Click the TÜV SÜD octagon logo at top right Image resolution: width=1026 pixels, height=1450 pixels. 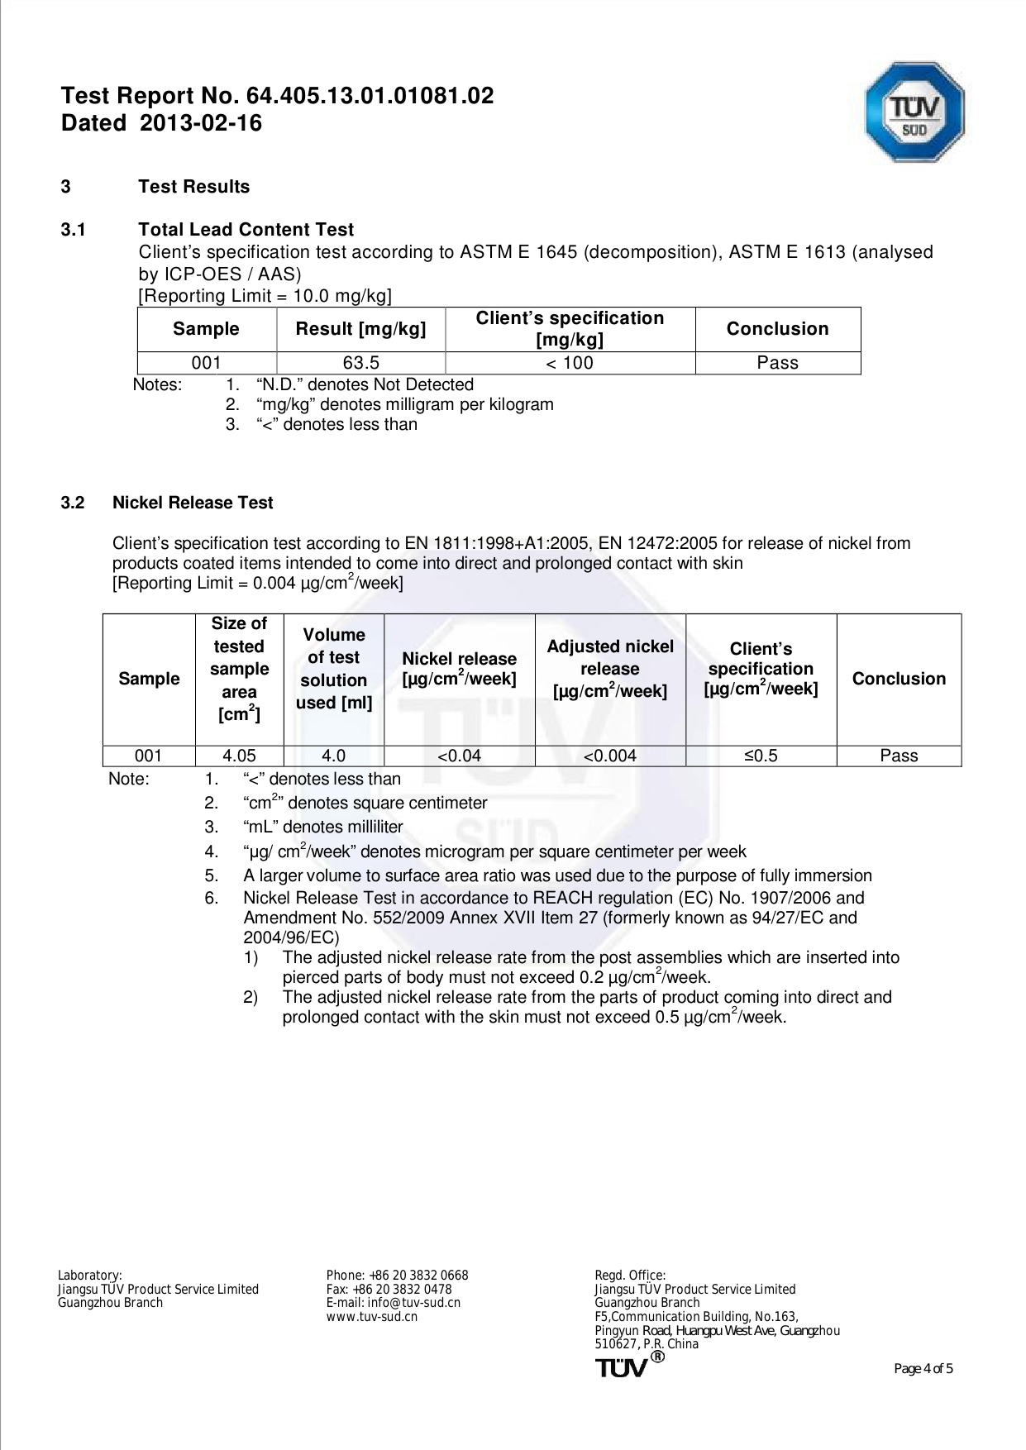click(914, 111)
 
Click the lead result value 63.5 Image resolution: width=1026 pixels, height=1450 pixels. click(360, 363)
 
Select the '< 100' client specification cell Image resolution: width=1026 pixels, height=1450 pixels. click(570, 363)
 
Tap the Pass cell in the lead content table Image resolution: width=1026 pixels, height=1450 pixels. click(777, 363)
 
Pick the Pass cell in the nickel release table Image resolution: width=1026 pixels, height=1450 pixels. click(898, 756)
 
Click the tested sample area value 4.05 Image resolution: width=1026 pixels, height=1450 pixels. click(239, 756)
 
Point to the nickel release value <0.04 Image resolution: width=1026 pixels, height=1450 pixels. click(459, 756)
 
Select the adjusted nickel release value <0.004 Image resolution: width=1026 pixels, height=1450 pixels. click(610, 756)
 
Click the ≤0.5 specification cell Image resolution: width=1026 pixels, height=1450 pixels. click(761, 756)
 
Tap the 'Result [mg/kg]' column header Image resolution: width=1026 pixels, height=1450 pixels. click(360, 329)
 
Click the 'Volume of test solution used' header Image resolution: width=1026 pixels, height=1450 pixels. click(333, 669)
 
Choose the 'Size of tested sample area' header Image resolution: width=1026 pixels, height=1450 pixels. click(239, 669)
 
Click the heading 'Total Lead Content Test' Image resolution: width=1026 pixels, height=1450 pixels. click(246, 230)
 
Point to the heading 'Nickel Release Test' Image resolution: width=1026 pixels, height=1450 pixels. click(193, 503)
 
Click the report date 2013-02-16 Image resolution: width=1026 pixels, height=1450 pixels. click(201, 123)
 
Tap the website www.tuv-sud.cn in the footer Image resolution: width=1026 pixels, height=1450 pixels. click(371, 1317)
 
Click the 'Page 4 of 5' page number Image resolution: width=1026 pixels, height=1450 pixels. click(923, 1369)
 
